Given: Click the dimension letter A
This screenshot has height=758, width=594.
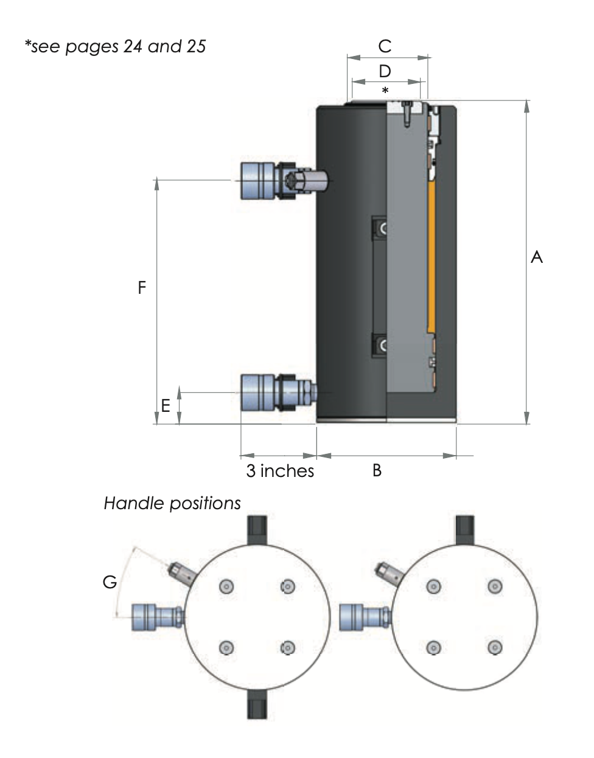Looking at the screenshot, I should [x=536, y=257].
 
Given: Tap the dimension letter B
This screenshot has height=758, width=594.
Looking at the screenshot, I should [x=377, y=470].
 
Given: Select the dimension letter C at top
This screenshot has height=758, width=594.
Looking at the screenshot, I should [x=385, y=46].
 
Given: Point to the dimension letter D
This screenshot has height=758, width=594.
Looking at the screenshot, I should [x=385, y=71].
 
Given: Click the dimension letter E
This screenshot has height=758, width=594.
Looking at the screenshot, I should [x=165, y=405].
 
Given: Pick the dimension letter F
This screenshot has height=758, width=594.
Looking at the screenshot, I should [x=142, y=287].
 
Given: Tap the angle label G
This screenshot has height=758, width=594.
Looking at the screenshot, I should [x=110, y=582].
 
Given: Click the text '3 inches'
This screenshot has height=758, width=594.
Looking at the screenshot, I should [x=280, y=471].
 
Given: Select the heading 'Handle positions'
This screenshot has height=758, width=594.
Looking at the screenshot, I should [x=172, y=503].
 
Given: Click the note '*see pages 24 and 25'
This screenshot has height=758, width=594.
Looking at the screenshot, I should [x=115, y=46].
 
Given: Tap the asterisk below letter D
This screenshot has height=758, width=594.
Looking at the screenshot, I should [x=385, y=91].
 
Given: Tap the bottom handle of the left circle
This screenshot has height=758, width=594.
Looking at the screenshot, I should [x=257, y=708].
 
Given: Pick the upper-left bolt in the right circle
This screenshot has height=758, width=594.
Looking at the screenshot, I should [x=433, y=586].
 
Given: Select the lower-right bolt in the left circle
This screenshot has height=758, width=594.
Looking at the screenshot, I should [x=287, y=647].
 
